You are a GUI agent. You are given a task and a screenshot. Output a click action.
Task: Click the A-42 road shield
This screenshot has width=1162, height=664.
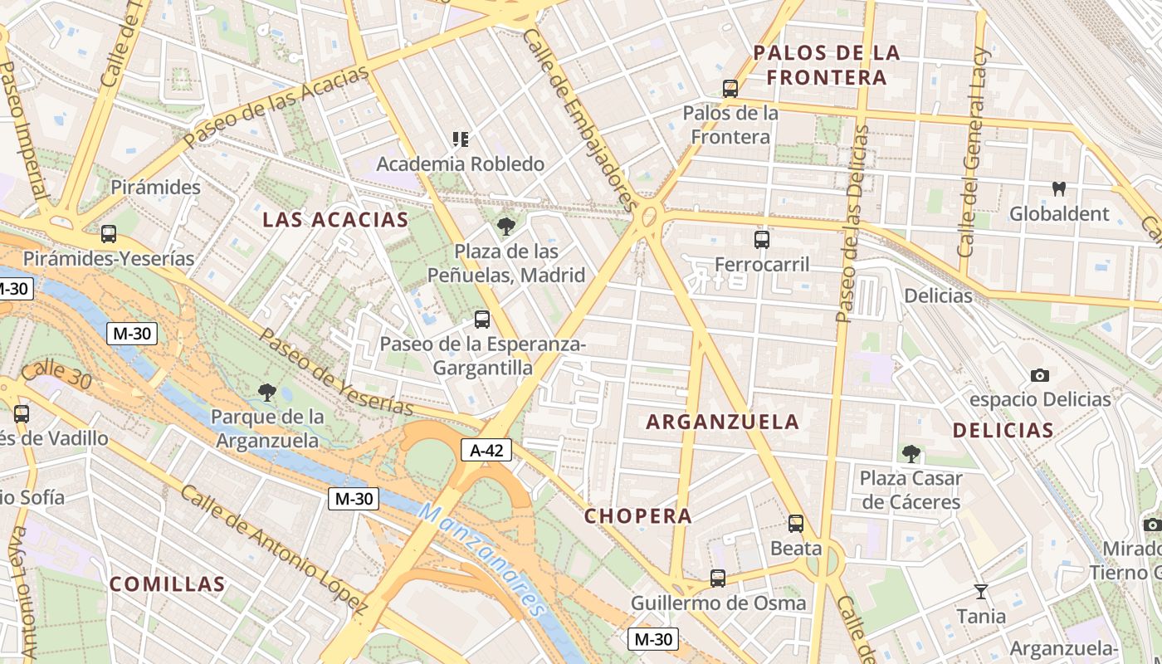(486, 450)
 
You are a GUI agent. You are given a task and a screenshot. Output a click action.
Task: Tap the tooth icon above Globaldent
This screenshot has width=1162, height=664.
(1058, 188)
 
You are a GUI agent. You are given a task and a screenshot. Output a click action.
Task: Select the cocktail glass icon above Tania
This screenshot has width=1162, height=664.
(981, 592)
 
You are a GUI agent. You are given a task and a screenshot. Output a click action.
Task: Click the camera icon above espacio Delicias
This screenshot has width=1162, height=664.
(1039, 375)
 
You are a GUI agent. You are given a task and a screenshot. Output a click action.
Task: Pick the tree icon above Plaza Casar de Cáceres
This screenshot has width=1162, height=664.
(911, 453)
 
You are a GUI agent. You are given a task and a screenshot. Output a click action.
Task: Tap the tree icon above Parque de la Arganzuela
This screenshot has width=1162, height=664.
(266, 392)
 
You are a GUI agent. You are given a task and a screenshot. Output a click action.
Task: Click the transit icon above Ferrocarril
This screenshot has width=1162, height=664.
(762, 240)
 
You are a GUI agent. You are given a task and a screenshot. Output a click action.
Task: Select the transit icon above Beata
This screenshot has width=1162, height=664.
(796, 524)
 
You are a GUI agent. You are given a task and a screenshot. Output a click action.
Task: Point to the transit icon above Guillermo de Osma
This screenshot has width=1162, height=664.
(718, 579)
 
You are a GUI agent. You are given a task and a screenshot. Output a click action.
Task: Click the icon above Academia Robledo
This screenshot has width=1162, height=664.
(461, 139)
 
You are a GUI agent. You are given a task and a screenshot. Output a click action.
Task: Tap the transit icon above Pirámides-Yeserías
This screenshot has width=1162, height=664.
(109, 234)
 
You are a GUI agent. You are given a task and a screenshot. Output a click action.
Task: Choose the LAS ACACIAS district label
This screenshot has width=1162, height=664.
(335, 220)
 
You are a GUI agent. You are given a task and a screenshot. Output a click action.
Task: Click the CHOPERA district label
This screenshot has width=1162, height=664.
(638, 515)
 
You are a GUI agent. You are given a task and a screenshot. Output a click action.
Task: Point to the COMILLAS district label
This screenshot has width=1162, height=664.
(168, 583)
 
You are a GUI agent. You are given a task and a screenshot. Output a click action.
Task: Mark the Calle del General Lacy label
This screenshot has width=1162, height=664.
(974, 153)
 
